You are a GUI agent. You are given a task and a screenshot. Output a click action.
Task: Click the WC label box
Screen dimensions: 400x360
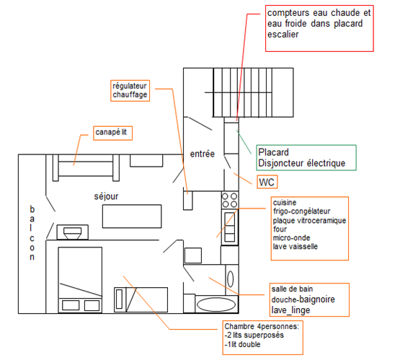[x=267, y=182]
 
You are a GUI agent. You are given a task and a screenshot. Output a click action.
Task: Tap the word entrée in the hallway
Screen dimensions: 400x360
[x=203, y=154]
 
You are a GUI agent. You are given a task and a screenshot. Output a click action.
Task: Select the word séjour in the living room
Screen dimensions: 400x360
[x=106, y=196]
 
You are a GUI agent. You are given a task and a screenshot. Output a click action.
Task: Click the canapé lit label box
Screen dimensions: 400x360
[x=112, y=133]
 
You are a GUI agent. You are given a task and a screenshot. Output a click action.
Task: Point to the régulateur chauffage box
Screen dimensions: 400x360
[x=130, y=91]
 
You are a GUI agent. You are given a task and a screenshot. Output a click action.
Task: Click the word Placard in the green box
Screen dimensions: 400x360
[x=273, y=152]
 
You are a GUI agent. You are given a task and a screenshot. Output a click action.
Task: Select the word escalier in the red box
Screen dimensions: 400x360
[x=283, y=34]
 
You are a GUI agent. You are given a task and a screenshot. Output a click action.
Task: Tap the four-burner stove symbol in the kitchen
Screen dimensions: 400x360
[x=230, y=200]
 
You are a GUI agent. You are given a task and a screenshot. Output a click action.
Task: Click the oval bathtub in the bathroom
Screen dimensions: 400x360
[x=216, y=304]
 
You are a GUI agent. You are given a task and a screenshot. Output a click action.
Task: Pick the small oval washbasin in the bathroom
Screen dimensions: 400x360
[x=231, y=278]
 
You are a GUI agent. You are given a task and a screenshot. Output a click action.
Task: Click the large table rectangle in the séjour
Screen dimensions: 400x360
[x=132, y=216]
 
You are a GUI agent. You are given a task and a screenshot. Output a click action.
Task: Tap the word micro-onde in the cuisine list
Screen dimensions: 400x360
[x=292, y=237]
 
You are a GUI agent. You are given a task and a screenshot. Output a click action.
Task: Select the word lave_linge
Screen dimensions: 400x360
[x=291, y=310]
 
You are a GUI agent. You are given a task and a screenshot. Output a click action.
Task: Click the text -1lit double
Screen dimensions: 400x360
[x=243, y=344]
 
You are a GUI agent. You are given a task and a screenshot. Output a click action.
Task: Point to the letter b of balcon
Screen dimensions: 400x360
[x=32, y=209]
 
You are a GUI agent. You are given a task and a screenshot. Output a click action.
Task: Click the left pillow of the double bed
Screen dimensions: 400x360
[x=71, y=305]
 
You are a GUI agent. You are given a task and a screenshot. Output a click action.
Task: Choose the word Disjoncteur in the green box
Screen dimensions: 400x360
[x=280, y=163]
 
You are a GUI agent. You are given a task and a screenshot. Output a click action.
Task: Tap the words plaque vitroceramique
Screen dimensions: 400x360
[x=309, y=220]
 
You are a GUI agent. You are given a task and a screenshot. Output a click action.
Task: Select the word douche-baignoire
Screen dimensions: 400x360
[x=303, y=299]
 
